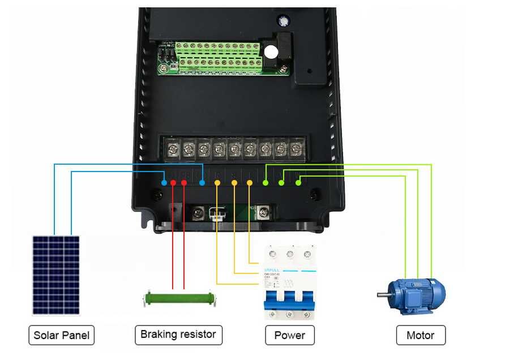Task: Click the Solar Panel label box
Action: pos(61,335)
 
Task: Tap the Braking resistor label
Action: pos(178,335)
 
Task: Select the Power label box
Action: pos(289,335)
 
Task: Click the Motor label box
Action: pos(421,335)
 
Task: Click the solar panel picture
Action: pos(55,275)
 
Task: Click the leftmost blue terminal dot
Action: pos(164,183)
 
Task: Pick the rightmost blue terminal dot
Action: pos(202,183)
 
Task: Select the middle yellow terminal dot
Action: pos(234,183)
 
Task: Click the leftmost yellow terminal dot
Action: pos(218,183)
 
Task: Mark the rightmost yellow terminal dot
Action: pos(250,183)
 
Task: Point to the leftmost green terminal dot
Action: pos(266,183)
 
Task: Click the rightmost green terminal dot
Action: pos(298,183)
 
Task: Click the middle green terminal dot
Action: pos(282,183)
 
